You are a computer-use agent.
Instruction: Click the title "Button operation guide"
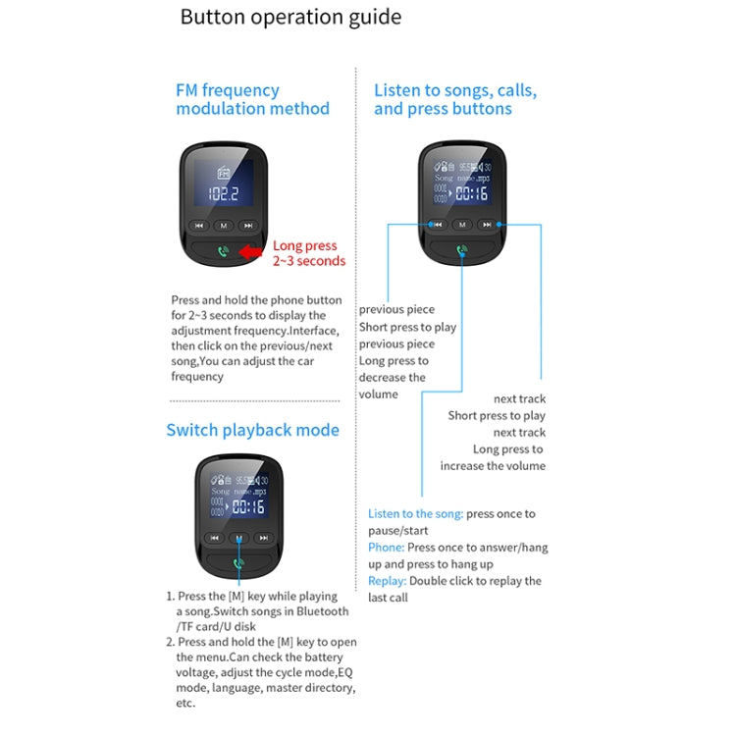click(290, 18)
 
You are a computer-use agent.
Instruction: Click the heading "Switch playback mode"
click(252, 430)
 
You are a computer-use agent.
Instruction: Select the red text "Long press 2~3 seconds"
click(308, 253)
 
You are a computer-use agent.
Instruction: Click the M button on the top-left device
click(224, 226)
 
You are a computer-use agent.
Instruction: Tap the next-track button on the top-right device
click(489, 224)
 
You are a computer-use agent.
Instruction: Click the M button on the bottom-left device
click(238, 538)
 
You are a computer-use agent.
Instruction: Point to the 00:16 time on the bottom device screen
click(247, 507)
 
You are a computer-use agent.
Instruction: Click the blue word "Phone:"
click(386, 547)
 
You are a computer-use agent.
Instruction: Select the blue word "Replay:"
click(387, 581)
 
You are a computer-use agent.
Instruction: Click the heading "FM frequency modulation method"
click(252, 99)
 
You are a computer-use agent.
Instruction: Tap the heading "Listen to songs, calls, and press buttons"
click(455, 99)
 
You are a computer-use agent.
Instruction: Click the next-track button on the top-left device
click(249, 226)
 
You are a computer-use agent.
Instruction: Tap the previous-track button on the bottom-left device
click(213, 538)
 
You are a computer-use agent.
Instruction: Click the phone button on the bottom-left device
click(238, 564)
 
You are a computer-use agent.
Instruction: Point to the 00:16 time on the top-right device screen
click(471, 193)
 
